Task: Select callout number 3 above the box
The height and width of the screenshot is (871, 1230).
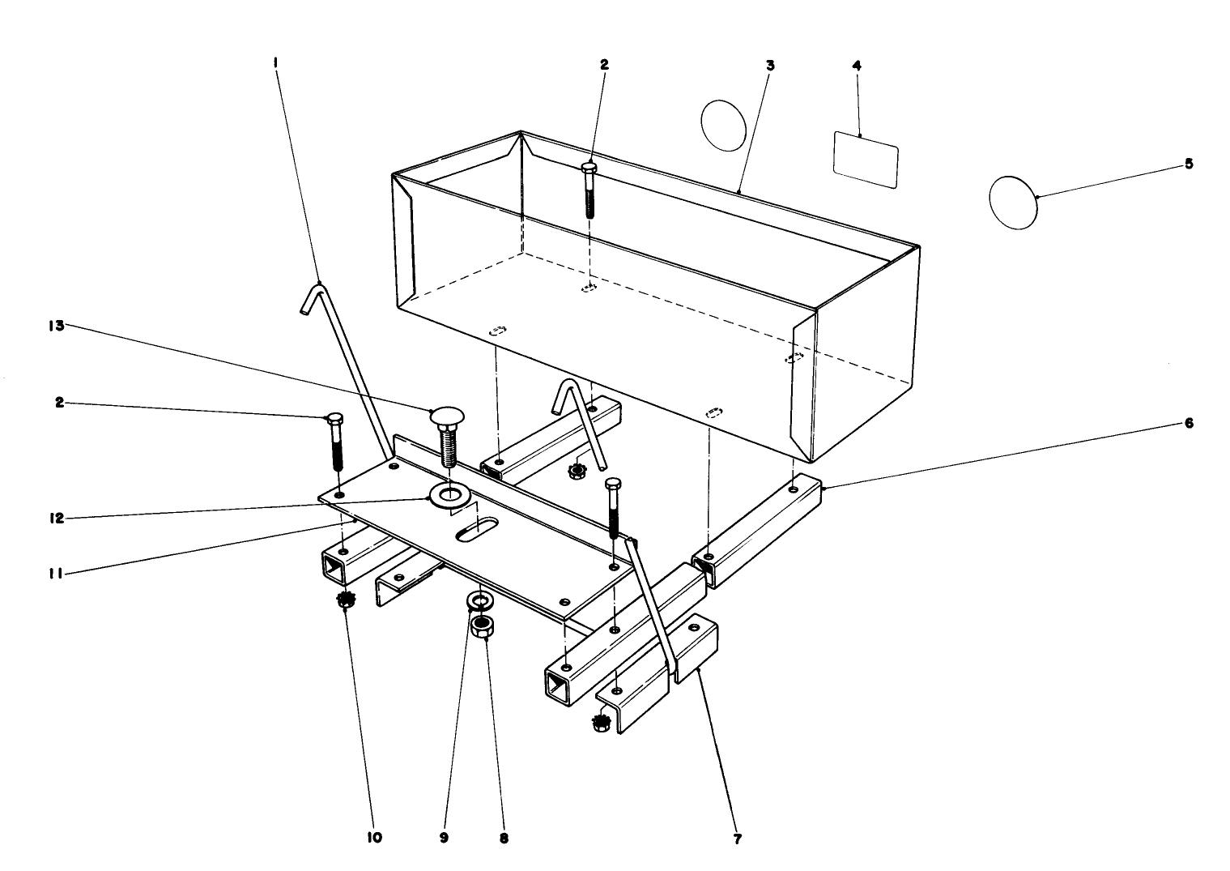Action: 770,65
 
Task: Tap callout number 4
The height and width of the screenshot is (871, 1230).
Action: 857,65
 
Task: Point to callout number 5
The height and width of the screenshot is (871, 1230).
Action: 1189,163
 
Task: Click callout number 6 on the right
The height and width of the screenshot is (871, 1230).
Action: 1189,423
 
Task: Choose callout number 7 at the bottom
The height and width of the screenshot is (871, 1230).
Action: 736,839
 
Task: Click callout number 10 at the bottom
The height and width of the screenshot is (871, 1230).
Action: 376,836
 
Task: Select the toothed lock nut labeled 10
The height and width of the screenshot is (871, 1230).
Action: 347,601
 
